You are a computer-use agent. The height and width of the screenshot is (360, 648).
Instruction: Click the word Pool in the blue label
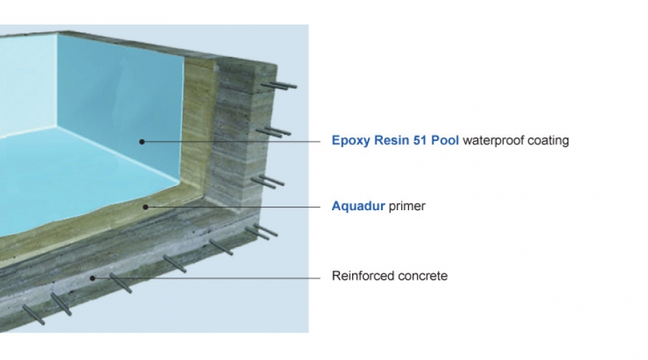pos(445,140)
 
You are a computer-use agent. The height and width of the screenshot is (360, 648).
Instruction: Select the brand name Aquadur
pos(359,206)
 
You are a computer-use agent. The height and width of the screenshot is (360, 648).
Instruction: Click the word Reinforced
pos(358,276)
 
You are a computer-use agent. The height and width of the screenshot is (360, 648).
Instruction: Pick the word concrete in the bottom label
pos(418,276)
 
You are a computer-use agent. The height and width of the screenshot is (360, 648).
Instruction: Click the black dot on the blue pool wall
pos(142,142)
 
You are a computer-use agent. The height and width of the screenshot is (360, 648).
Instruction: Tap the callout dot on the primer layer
pos(145,207)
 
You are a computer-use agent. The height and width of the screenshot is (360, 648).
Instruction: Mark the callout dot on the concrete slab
pos(93,278)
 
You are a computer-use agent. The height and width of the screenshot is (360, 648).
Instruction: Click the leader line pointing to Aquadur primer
pos(233,207)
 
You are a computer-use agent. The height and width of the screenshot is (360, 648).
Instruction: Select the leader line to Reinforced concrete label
pos(206,278)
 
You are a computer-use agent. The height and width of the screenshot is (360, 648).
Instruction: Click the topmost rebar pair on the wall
pos(279,86)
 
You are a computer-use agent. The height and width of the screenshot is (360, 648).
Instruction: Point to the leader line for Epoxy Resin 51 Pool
pos(231,142)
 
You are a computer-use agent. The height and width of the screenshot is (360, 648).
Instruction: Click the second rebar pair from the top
pos(273,132)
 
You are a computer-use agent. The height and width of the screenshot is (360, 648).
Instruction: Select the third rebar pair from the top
pos(268,181)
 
